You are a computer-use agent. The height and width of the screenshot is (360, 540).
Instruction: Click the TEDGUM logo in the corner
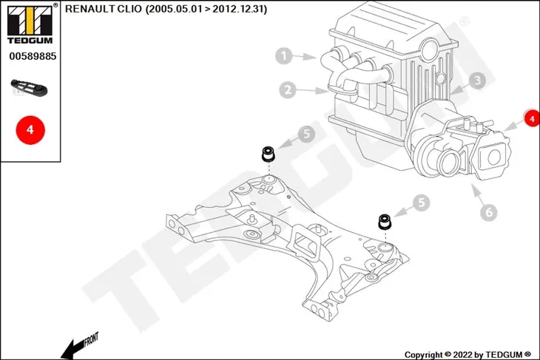click(x=30, y=24)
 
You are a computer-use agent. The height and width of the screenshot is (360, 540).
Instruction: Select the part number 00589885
click(x=33, y=56)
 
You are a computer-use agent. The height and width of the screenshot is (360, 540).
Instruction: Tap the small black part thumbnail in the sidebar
click(x=29, y=87)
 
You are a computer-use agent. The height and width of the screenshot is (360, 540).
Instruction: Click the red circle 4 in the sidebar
click(x=30, y=130)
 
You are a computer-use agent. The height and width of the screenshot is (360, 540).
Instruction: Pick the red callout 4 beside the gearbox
click(x=532, y=118)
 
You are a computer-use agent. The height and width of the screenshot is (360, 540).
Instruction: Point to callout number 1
click(x=284, y=55)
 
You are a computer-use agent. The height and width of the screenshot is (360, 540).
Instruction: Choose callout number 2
click(x=288, y=90)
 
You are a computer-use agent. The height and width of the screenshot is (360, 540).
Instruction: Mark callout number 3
click(x=477, y=81)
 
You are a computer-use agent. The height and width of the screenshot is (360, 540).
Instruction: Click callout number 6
click(x=489, y=211)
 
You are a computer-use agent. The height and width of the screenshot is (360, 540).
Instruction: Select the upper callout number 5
click(x=306, y=134)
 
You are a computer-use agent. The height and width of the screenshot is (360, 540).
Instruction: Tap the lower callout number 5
click(x=422, y=203)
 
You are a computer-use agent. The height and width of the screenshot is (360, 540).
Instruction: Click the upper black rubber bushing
click(x=268, y=154)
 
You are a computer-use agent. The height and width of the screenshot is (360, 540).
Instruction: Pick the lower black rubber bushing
click(x=385, y=221)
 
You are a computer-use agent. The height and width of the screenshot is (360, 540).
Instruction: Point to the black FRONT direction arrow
click(x=79, y=345)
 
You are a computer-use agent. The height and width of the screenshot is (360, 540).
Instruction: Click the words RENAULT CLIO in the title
click(x=104, y=9)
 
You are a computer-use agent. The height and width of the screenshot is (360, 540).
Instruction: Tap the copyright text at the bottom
click(x=468, y=355)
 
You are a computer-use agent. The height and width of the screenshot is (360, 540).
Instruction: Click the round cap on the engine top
click(x=431, y=50)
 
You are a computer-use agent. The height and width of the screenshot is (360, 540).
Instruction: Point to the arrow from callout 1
click(x=305, y=57)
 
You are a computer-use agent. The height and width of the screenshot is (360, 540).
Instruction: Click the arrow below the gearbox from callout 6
click(x=477, y=194)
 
